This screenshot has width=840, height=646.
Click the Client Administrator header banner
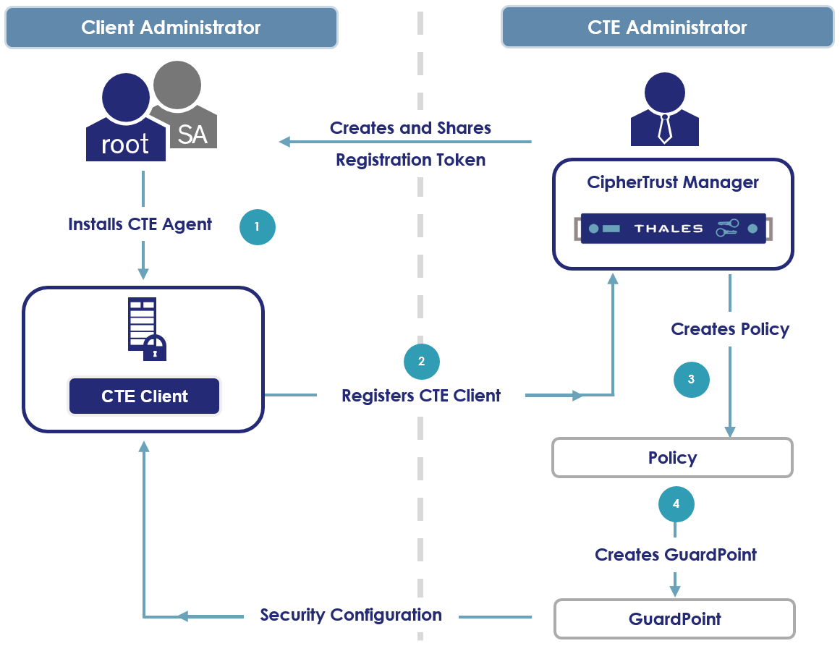click(x=171, y=27)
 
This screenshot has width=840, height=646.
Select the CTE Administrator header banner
click(x=666, y=27)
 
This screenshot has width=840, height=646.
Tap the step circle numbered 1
click(x=258, y=226)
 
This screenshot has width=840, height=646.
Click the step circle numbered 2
click(x=422, y=361)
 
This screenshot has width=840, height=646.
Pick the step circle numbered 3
click(x=691, y=379)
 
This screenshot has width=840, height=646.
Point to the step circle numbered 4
click(x=676, y=504)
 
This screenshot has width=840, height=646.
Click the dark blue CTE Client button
click(x=144, y=396)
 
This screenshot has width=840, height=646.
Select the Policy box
click(x=672, y=458)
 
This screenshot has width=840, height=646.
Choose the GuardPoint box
click(x=674, y=619)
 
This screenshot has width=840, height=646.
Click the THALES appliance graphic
click(x=673, y=229)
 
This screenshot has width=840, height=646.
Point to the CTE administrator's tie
click(x=664, y=129)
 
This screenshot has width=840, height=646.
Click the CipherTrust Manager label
click(x=673, y=182)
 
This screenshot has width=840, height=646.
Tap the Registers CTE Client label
click(x=421, y=396)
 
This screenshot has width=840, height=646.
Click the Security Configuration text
click(x=351, y=615)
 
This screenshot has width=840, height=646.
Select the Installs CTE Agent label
click(x=140, y=224)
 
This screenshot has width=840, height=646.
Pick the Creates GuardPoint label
click(x=675, y=555)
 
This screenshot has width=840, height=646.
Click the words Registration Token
click(x=410, y=160)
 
